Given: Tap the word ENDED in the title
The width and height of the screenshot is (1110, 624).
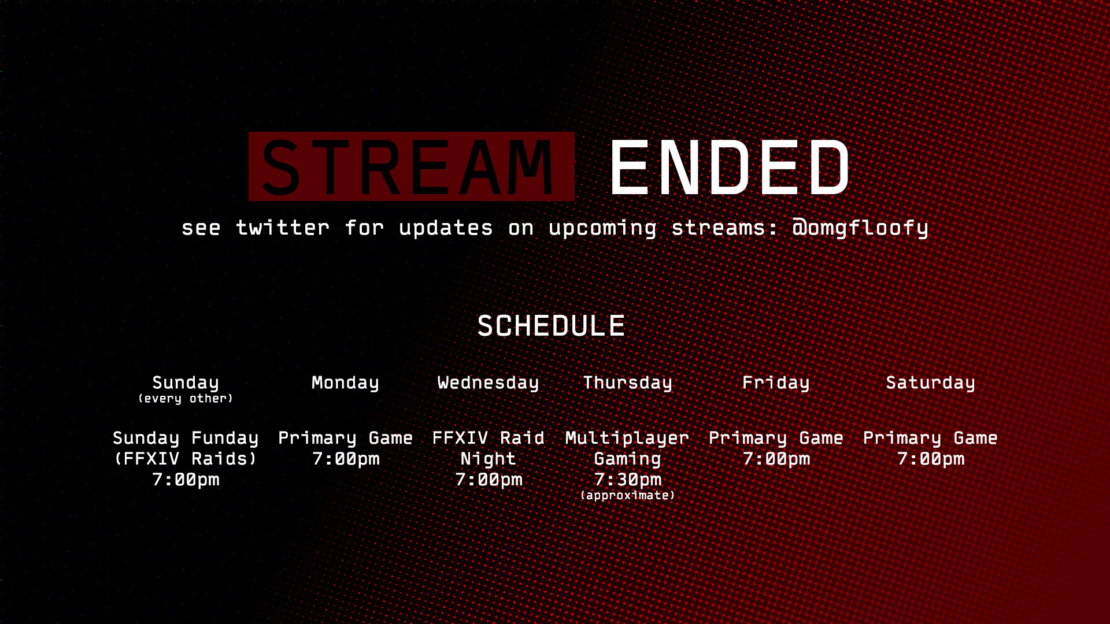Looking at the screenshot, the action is [x=730, y=168].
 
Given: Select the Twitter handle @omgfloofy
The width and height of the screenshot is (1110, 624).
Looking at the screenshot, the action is [x=860, y=228].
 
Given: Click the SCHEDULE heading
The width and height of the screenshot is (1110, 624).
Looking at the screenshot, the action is [x=551, y=326].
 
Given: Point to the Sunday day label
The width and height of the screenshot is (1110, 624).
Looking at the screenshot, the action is [x=186, y=382].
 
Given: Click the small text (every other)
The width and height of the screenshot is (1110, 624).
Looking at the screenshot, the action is [x=186, y=399].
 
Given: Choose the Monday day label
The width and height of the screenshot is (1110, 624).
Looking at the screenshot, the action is [x=345, y=382].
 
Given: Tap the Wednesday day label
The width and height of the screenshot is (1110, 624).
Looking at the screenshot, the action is [x=488, y=382].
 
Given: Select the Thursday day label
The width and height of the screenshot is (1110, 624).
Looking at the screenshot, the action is [x=627, y=382].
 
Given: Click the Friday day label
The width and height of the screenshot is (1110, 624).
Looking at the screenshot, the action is [x=776, y=382].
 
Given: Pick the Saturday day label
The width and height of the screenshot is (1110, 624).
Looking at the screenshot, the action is [x=930, y=382].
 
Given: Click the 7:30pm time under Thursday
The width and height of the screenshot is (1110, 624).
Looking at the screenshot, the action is [x=627, y=480].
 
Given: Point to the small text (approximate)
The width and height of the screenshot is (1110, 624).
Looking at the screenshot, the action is [x=627, y=496].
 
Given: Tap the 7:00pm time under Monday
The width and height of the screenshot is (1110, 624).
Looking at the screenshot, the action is [x=346, y=459].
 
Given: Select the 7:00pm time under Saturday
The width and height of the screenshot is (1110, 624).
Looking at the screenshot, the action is [x=931, y=459].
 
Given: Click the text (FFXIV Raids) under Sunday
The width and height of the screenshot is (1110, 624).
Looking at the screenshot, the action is [x=186, y=459].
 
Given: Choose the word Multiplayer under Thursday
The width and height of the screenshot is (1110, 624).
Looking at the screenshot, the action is [x=627, y=438].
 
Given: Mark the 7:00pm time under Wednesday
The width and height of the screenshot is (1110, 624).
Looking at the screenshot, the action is [x=489, y=480].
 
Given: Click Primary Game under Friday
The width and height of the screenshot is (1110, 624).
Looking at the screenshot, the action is [x=776, y=438].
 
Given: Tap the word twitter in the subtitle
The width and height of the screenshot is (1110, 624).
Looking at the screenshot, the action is [x=283, y=228].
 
